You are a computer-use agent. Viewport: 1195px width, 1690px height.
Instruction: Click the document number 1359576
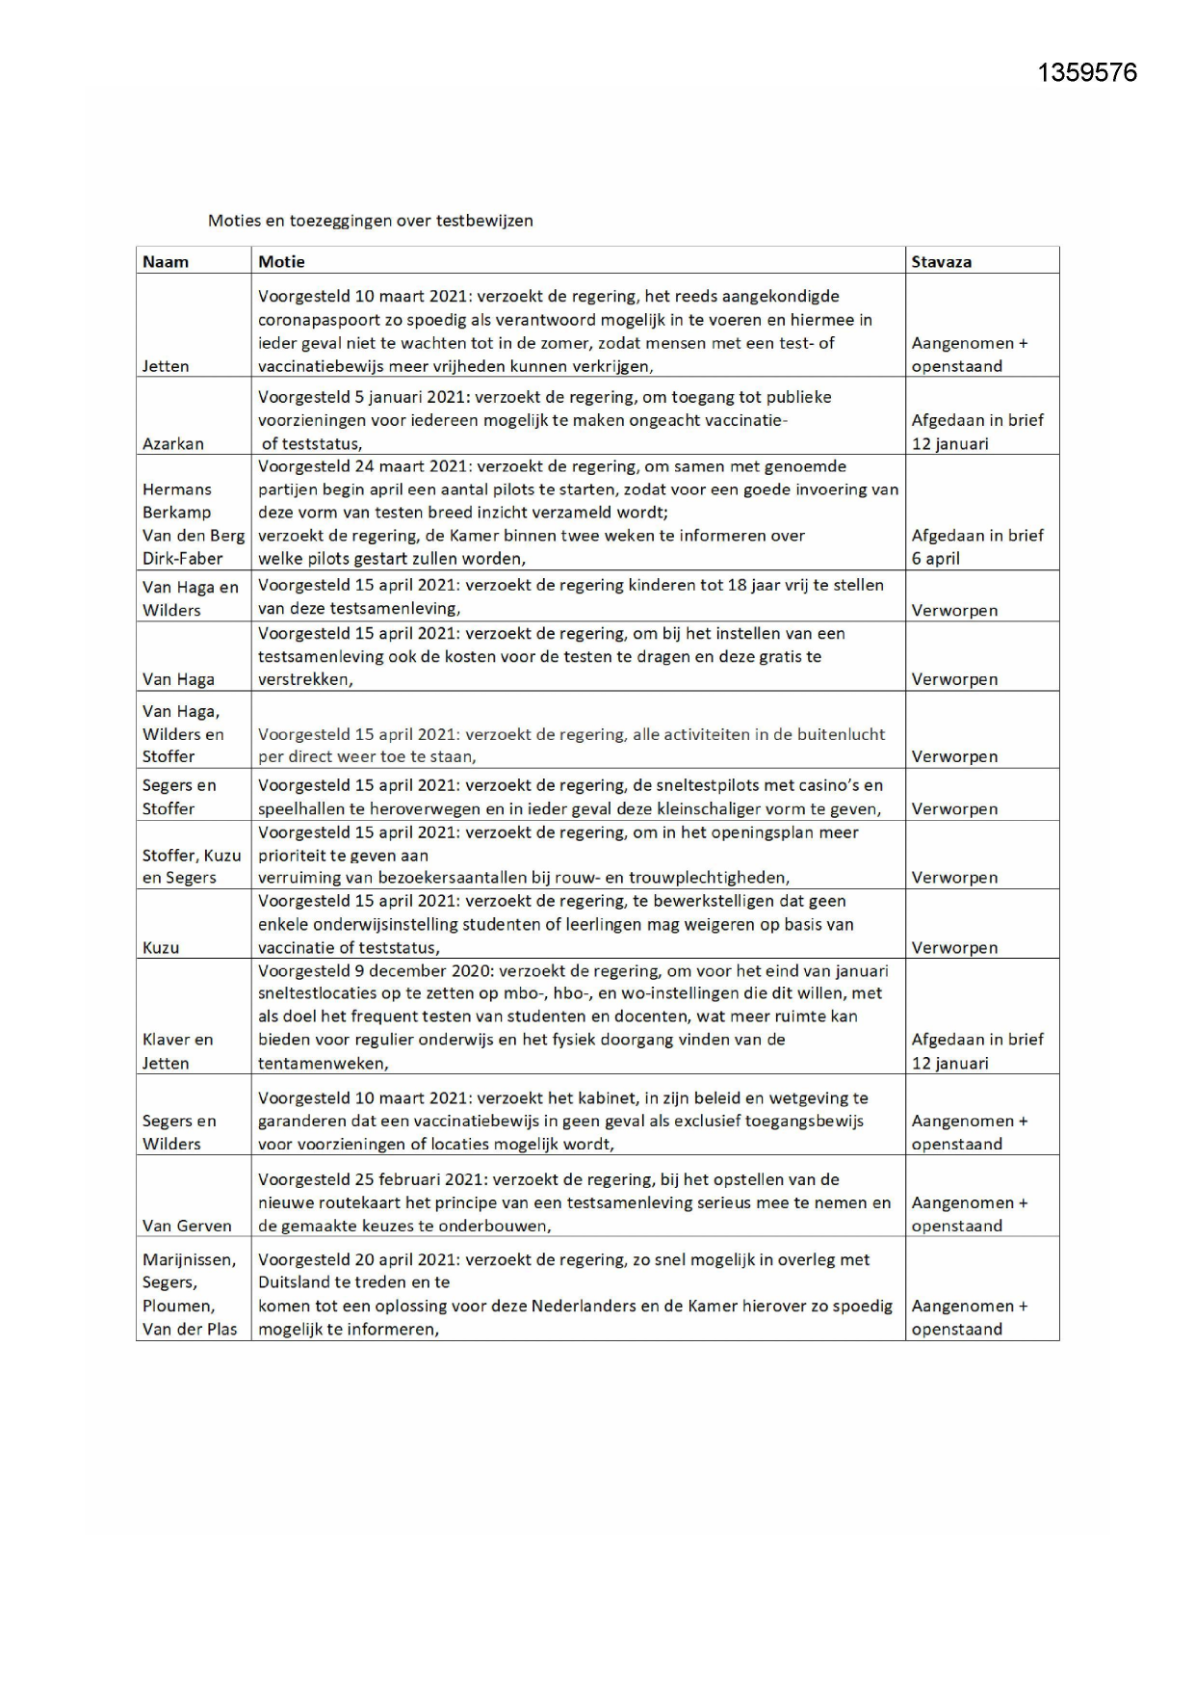coord(1087,73)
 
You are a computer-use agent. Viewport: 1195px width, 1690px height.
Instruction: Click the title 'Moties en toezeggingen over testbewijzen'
coord(371,221)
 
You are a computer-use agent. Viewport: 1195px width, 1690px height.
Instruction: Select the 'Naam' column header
coord(166,262)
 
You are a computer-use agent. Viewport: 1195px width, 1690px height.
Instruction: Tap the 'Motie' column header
coord(281,262)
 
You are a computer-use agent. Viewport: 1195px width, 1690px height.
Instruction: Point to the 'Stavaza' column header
coord(941,262)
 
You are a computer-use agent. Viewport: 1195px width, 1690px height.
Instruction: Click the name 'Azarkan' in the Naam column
coord(173,444)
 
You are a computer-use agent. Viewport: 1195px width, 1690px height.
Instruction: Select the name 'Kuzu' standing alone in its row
coord(161,948)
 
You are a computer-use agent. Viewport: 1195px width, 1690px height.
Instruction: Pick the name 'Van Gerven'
coord(187,1227)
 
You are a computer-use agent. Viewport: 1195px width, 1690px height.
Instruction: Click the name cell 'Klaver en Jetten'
coord(178,1051)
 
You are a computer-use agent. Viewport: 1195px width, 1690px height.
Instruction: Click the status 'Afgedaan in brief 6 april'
coord(976,546)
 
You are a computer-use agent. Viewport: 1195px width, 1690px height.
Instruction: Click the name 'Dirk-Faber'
coord(183,559)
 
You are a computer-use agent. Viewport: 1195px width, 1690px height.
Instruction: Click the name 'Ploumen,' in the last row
coord(179,1307)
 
